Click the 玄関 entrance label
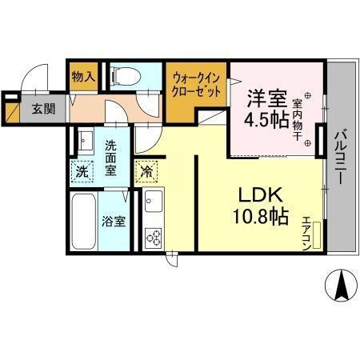(x=43, y=110)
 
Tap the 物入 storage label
(x=83, y=78)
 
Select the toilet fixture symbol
(x=123, y=77)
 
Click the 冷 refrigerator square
(x=147, y=170)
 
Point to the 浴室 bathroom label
(x=113, y=222)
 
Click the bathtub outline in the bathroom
(x=84, y=222)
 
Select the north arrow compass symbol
(x=340, y=286)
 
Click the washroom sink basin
(x=85, y=142)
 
